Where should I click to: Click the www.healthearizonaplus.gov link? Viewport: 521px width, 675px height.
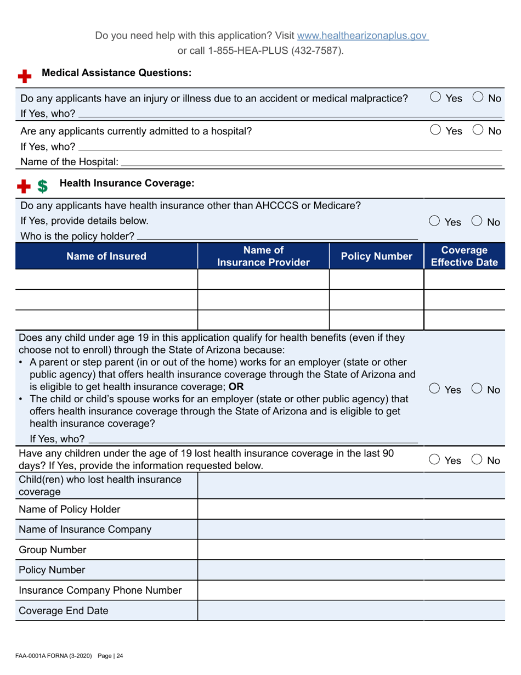tap(362, 36)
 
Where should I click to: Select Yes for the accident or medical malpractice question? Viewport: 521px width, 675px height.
tap(434, 98)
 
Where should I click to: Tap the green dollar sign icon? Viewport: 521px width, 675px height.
tap(42, 187)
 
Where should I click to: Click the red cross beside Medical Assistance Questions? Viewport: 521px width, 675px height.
tap(24, 76)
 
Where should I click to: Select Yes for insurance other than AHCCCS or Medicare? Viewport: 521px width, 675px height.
tap(434, 222)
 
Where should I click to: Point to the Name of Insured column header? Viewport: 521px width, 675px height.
tap(106, 256)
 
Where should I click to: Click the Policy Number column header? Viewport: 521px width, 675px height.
tap(376, 256)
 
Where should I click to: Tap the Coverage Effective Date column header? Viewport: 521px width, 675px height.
tap(465, 256)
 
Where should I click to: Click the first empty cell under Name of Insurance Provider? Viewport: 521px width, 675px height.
tap(263, 279)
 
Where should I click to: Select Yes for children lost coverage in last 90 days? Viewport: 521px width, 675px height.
tap(434, 460)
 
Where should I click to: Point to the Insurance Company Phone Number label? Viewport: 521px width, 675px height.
tap(100, 590)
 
